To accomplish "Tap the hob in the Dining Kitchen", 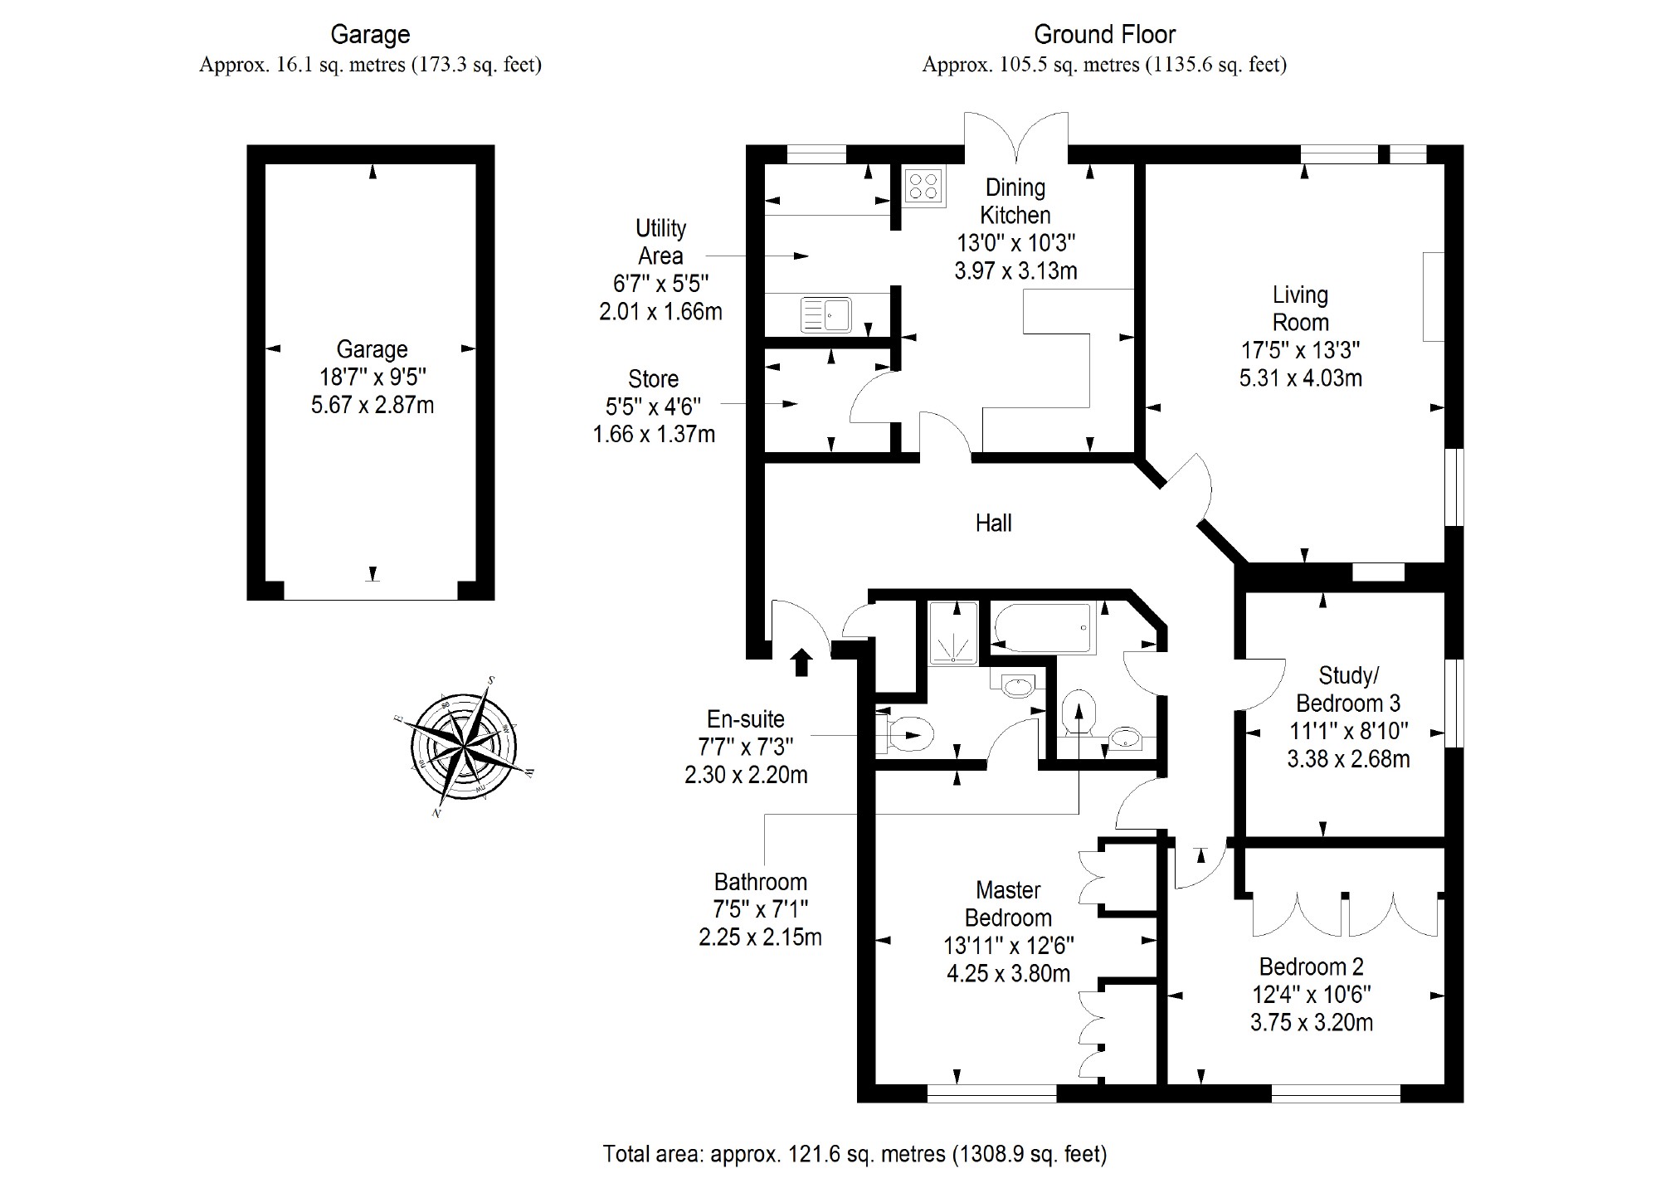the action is (x=923, y=186).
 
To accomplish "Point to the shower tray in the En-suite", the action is (x=952, y=634).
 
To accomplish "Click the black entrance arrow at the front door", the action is (x=801, y=662).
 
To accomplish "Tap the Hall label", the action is (x=993, y=523).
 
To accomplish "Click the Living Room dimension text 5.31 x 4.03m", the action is (x=1300, y=378).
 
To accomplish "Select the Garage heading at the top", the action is (x=370, y=35).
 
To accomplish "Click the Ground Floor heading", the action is (x=1104, y=35).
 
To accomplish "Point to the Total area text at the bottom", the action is (x=855, y=1153).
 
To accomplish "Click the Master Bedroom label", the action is (x=1008, y=904).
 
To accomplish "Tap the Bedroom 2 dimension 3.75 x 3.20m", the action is (x=1311, y=1022).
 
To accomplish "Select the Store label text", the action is (x=653, y=379).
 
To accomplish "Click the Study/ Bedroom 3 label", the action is (x=1348, y=689).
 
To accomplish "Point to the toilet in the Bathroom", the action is (x=1079, y=712).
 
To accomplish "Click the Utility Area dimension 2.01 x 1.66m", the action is (x=660, y=312).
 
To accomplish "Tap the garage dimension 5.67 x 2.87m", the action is (x=373, y=406).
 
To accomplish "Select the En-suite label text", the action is (x=745, y=719).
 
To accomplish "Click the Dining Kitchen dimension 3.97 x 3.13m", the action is (x=1015, y=270).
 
